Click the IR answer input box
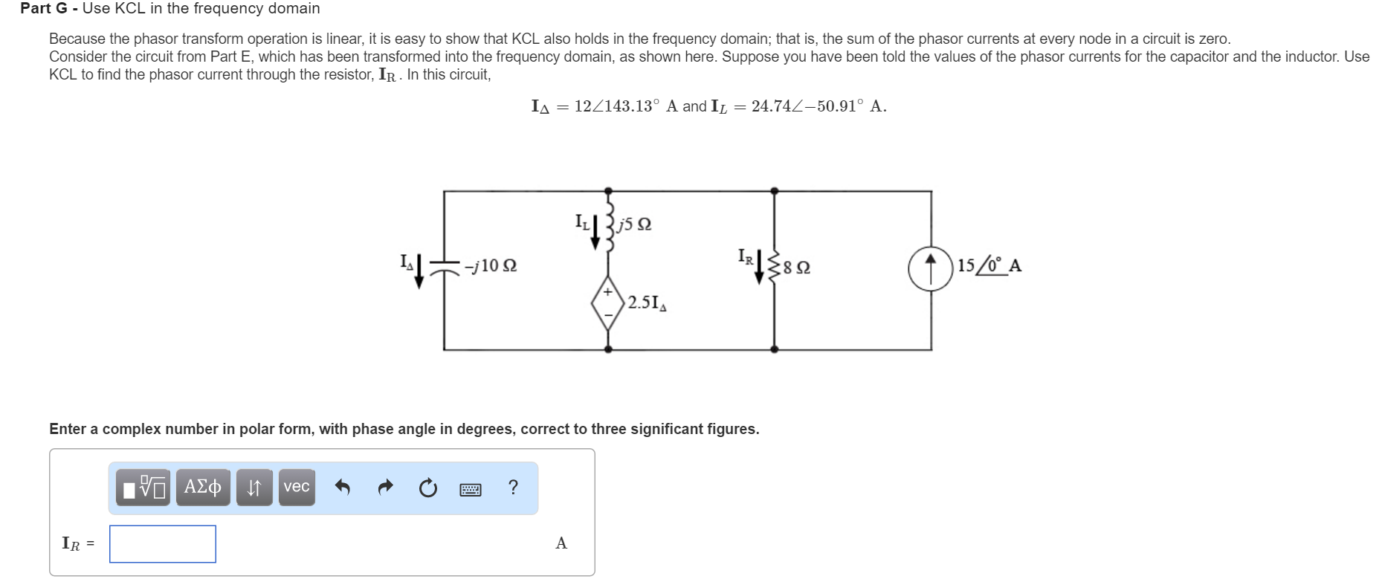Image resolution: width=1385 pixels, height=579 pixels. click(x=163, y=543)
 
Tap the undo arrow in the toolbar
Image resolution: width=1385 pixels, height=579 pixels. click(x=342, y=488)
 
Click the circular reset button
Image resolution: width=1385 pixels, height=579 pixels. click(x=427, y=488)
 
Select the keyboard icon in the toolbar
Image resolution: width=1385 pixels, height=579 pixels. click(x=470, y=489)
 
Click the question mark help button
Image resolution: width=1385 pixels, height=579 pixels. click(x=513, y=488)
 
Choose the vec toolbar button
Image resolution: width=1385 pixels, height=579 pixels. click(x=297, y=487)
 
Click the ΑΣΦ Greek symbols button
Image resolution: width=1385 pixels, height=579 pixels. click(x=203, y=487)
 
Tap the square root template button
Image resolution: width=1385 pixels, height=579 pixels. click(x=144, y=488)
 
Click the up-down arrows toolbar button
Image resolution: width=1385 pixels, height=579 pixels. click(x=254, y=488)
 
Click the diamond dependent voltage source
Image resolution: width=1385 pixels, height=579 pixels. click(x=608, y=303)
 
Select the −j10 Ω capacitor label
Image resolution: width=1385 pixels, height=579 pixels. click(x=490, y=265)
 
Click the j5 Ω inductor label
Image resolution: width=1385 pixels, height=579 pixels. click(x=635, y=224)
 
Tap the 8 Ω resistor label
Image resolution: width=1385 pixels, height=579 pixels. click(x=797, y=267)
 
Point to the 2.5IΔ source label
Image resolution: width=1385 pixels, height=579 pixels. click(x=647, y=303)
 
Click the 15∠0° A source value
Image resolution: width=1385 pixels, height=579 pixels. click(x=989, y=265)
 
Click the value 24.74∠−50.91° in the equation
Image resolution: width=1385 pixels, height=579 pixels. click(x=805, y=106)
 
